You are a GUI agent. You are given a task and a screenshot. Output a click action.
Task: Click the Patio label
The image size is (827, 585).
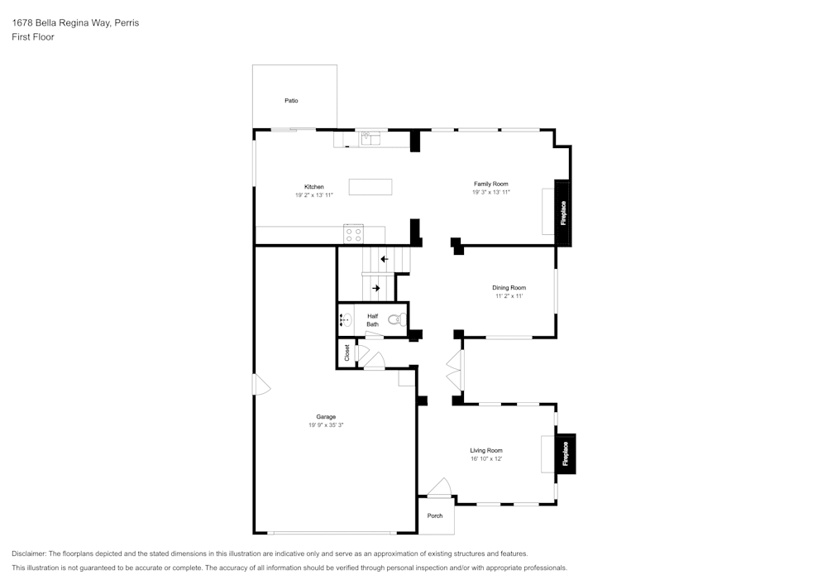(x=291, y=101)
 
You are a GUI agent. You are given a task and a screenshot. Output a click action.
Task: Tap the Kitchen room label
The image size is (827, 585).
(x=313, y=187)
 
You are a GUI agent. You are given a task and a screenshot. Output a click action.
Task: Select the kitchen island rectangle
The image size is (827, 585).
(x=370, y=186)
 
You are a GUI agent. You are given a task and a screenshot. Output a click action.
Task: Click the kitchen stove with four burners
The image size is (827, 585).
(x=353, y=234)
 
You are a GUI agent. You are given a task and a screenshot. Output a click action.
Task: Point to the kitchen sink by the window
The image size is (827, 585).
(x=370, y=138)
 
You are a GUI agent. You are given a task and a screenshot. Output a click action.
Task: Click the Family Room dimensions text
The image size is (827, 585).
(x=490, y=192)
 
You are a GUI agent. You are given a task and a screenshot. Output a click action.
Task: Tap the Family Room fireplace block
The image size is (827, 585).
(x=562, y=213)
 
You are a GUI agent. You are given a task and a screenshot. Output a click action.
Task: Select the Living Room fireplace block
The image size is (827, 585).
(x=566, y=453)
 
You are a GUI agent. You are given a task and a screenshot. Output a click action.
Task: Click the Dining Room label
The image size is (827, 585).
(x=509, y=288)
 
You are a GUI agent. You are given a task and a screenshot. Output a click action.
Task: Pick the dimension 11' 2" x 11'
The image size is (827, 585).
(x=509, y=295)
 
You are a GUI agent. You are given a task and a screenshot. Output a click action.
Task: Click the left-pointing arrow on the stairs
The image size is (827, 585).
(x=385, y=259)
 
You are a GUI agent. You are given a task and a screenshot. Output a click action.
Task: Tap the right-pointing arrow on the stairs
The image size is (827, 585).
(x=375, y=288)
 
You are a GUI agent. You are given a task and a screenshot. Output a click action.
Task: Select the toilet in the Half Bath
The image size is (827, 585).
(x=397, y=319)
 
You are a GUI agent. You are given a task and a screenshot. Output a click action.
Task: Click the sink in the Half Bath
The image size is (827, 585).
(x=346, y=319)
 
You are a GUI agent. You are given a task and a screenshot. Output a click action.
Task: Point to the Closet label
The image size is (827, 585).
(x=347, y=352)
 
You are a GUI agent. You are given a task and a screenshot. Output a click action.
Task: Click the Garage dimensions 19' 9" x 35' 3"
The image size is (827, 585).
(x=326, y=425)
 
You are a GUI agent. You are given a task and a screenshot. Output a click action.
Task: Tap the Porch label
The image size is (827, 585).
(x=435, y=516)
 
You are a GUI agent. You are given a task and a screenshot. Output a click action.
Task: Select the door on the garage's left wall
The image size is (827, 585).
(x=261, y=386)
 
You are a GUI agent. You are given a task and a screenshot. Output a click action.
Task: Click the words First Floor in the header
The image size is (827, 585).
(x=33, y=37)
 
